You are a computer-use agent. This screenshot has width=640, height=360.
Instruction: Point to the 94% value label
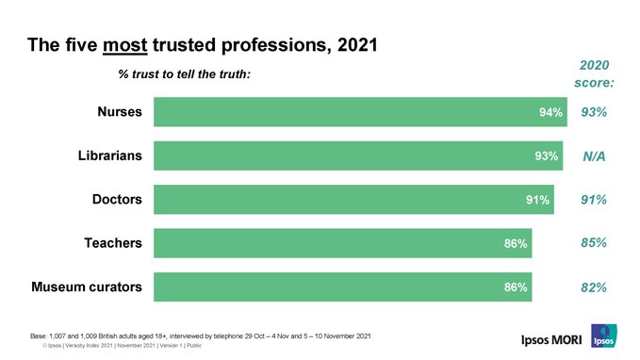coord(550,113)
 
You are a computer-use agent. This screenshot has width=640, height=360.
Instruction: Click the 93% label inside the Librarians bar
coord(546,156)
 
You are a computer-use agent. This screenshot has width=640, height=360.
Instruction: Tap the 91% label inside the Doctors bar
coord(537,200)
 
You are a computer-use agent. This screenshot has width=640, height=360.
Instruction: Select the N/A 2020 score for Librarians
coord(594,157)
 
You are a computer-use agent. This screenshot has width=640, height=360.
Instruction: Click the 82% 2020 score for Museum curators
coord(594,287)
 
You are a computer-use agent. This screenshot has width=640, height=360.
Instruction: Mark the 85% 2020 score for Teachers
coord(594,243)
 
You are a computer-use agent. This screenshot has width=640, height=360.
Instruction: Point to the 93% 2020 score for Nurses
coord(594,113)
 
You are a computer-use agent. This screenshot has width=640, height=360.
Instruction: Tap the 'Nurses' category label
coord(120,113)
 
